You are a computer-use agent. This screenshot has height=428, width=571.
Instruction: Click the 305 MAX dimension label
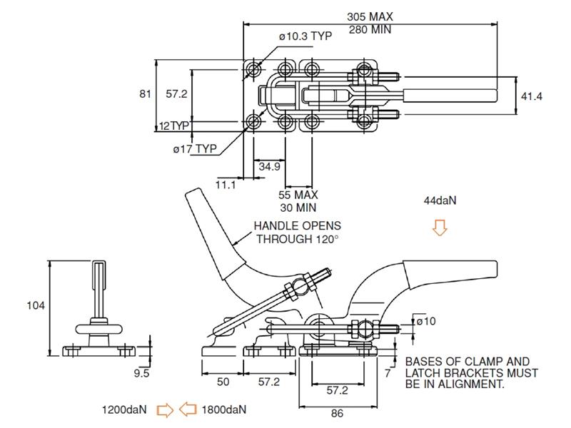[370, 16]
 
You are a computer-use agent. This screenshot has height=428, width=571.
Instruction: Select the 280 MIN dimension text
[370, 29]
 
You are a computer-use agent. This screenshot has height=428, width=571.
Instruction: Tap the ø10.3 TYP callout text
[305, 36]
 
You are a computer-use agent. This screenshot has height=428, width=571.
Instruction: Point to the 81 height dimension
[145, 94]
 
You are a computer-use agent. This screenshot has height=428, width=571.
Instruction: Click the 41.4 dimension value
[532, 96]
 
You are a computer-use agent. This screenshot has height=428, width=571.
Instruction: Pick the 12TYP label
[174, 126]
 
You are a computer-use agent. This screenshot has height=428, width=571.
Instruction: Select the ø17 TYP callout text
[195, 149]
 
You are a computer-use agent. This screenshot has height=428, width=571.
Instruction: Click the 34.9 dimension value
[270, 167]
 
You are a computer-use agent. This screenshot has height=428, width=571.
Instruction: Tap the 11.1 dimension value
[226, 185]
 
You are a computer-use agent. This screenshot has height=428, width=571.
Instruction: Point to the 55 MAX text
[298, 195]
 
